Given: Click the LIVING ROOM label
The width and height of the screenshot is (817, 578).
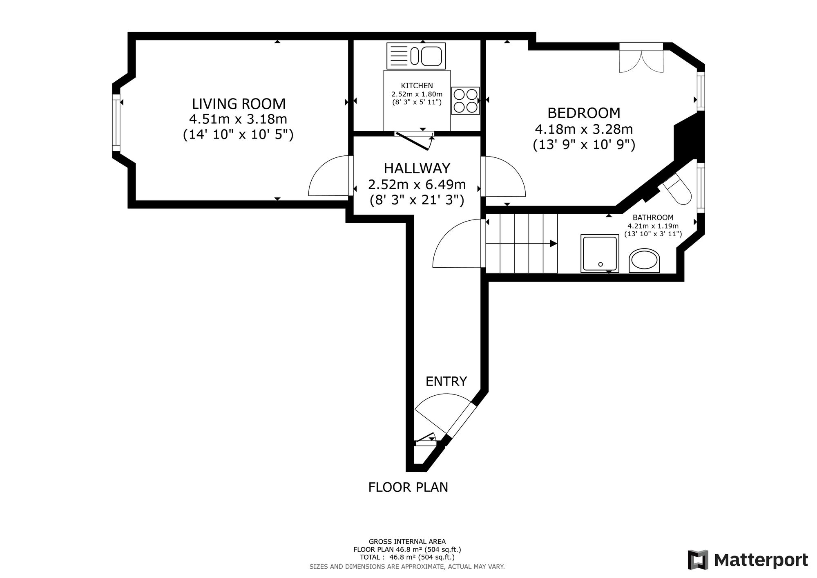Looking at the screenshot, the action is pos(239,104).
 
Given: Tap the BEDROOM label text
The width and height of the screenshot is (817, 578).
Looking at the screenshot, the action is pos(584,113).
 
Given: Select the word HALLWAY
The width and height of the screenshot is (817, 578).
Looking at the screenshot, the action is pos(417,168).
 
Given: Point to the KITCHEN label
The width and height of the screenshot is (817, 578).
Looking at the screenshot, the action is pos(417,86).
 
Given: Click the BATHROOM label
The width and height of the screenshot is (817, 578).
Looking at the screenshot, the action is pos(653,217).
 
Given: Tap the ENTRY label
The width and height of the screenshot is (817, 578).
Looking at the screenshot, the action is pos(446,381).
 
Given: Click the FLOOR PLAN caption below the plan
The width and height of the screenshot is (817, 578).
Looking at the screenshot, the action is pos(408,487).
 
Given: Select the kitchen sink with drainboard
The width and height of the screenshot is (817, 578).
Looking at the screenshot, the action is pos(416,56).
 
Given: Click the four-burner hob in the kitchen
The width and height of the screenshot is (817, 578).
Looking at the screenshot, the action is pos(465,101).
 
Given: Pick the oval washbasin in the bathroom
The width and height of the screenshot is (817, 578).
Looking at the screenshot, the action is pos(644,260).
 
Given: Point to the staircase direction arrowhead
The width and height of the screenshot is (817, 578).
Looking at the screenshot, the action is pos(554,244).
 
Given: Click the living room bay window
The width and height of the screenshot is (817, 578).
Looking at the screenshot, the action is pos(117,123).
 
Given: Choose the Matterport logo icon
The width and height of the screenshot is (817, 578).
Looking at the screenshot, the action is pos(698,560).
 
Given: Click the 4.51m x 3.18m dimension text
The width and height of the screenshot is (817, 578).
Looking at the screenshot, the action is pos(238,119).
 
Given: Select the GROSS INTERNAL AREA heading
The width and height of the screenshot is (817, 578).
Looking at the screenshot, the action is pos(407,542).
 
